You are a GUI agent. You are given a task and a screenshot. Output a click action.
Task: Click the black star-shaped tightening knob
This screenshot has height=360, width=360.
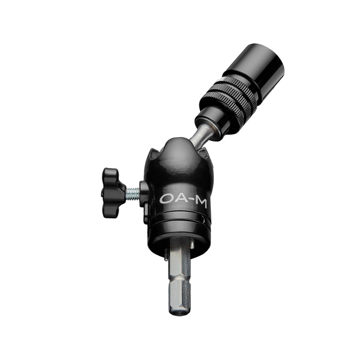pyautogui.click(x=113, y=192)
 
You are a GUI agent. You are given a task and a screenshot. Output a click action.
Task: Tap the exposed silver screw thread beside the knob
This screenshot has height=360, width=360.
pyautogui.click(x=133, y=193)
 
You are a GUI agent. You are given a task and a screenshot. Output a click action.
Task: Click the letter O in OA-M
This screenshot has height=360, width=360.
pyautogui.click(x=166, y=199)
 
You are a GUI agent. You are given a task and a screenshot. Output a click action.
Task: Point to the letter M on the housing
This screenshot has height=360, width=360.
pyautogui.click(x=201, y=202)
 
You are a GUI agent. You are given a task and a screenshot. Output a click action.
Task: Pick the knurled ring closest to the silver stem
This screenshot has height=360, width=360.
pyautogui.click(x=227, y=107)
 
